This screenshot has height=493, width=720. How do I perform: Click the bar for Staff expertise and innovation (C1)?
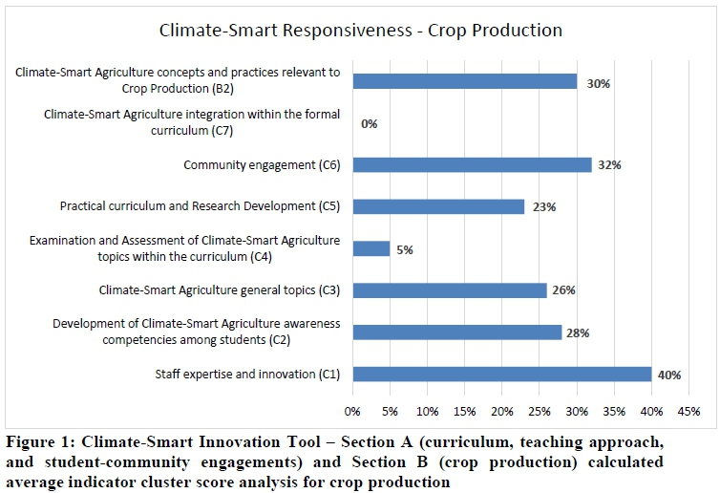[501, 374]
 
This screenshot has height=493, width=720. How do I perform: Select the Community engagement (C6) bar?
[472, 164]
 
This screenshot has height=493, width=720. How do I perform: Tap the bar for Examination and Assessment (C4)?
[371, 248]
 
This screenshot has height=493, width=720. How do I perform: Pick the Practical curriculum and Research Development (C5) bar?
[438, 206]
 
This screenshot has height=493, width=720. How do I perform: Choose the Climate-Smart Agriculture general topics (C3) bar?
[450, 289]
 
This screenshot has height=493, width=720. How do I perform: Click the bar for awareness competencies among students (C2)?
[457, 332]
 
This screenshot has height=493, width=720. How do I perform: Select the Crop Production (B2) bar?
[465, 81]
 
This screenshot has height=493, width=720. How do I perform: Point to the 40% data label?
[668, 375]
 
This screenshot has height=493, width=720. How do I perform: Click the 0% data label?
[369, 123]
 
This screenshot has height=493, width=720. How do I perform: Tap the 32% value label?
[608, 165]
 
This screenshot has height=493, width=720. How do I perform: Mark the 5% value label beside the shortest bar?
[405, 249]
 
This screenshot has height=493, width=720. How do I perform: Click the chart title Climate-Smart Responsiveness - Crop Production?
[360, 30]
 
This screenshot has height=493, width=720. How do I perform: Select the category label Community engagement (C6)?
[261, 165]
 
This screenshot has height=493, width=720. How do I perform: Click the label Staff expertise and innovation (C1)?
[247, 374]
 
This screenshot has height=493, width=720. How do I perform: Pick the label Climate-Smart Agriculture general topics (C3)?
[220, 289]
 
